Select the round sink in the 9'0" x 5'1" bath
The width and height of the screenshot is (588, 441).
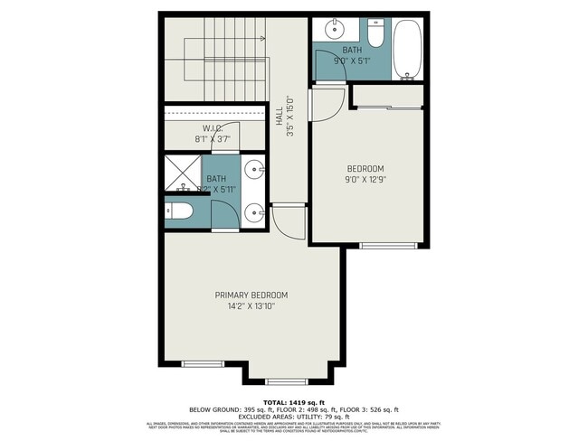[332, 25]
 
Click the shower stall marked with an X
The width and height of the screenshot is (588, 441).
[183, 174]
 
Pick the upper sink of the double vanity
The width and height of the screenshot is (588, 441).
[255, 170]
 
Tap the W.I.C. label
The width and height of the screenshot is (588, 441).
[213, 127]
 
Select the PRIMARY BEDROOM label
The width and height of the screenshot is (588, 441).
[251, 296]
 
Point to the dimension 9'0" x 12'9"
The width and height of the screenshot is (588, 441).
[365, 180]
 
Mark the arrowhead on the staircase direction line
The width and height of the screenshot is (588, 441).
[261, 39]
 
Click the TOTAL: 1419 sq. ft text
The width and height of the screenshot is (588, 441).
[293, 400]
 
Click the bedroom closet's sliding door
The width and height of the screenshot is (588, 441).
[388, 108]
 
